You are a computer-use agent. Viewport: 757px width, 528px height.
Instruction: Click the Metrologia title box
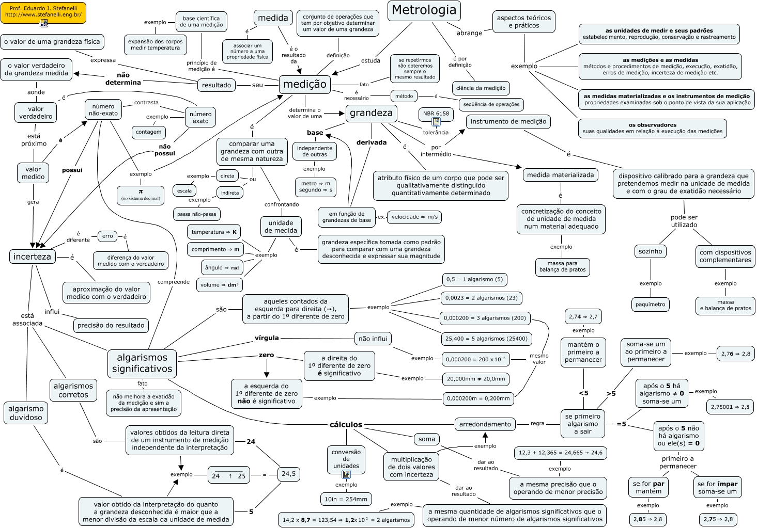424,10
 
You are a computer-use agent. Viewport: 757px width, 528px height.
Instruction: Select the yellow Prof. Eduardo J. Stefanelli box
43,12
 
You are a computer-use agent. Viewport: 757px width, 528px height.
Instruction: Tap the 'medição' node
305,84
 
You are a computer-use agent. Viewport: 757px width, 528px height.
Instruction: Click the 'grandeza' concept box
371,113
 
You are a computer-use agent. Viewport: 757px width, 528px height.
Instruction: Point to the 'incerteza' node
32,257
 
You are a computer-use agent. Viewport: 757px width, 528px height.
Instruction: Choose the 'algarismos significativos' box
142,363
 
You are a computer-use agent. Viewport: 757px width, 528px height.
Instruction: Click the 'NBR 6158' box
436,114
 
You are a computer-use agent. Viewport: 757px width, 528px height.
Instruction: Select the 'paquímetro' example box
650,304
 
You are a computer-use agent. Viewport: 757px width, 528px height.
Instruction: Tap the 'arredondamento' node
485,424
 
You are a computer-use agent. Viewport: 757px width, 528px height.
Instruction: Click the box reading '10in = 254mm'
346,499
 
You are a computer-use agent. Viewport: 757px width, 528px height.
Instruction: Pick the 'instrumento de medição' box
508,122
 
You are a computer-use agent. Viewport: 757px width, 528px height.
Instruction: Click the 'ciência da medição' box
481,88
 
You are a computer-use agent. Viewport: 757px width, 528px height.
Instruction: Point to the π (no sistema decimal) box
141,195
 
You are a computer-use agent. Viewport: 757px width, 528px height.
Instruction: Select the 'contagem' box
148,132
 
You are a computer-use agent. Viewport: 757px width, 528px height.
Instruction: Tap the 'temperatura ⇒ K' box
214,232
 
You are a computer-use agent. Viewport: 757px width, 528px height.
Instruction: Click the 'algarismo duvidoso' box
26,413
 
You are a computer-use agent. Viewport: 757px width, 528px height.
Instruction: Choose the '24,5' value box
288,474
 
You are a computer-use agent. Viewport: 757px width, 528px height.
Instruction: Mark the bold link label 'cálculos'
346,425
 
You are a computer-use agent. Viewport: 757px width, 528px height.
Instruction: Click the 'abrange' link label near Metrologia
469,33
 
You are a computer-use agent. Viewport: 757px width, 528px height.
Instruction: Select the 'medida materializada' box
560,175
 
